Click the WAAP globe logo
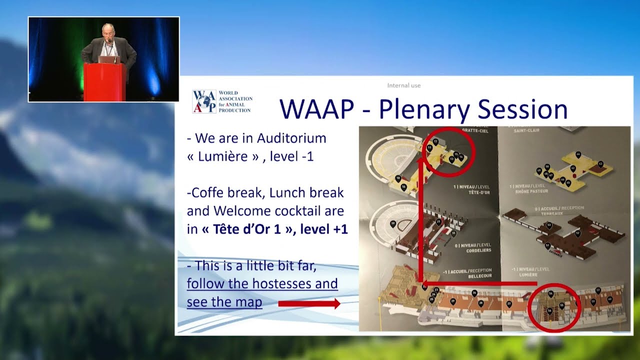[204, 101]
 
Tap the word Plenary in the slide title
[423, 109]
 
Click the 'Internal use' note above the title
[403, 85]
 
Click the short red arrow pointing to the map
[309, 303]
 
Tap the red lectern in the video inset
[105, 82]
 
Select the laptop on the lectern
[109, 59]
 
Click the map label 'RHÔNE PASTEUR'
[531, 191]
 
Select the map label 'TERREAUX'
[549, 213]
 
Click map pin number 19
[393, 223]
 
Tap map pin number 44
[578, 154]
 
